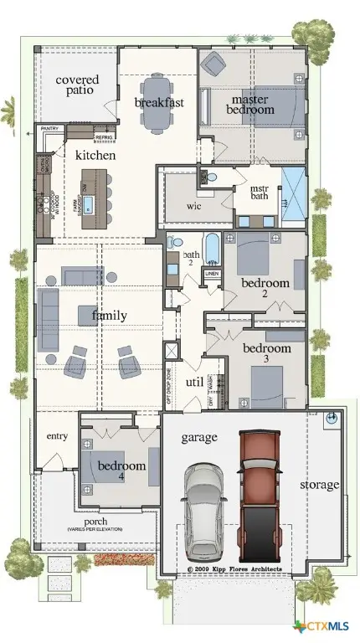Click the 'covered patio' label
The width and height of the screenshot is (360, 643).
pos(77,86)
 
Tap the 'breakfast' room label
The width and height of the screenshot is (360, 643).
pos(159,102)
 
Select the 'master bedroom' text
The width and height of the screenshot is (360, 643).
pos(251,104)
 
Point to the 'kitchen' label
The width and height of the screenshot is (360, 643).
pos(95,156)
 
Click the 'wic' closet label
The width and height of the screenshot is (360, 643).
pos(193,205)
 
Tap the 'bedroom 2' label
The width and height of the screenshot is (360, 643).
pos(265,289)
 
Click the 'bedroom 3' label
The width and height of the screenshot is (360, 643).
pos(267,354)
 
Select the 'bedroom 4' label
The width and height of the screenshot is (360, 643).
pos(121,471)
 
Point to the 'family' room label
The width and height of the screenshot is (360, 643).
pos(109,316)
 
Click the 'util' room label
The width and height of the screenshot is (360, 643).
pos(194,382)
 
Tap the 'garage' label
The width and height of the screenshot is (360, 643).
pos(198,437)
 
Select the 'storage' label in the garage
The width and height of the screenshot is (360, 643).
pos(320,485)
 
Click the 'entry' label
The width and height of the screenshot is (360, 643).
pos(57,436)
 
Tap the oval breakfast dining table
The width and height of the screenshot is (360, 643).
pos(157,104)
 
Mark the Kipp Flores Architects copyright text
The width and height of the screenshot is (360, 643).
pos(234,569)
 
